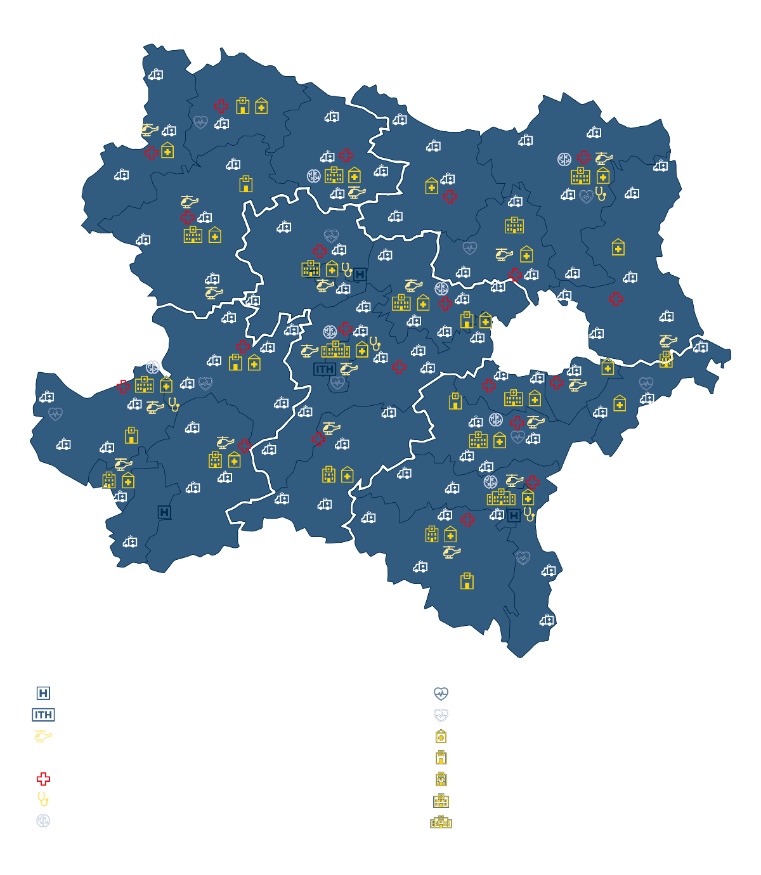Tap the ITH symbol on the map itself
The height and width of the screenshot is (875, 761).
325,369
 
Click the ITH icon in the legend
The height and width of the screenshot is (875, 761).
43,715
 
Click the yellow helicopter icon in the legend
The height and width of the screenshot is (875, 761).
43,736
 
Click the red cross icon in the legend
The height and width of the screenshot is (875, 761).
43,779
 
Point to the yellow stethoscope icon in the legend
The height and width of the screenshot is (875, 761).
43,799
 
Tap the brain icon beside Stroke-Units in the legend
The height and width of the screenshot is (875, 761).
43,820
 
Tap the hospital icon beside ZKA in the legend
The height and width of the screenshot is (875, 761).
441,823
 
